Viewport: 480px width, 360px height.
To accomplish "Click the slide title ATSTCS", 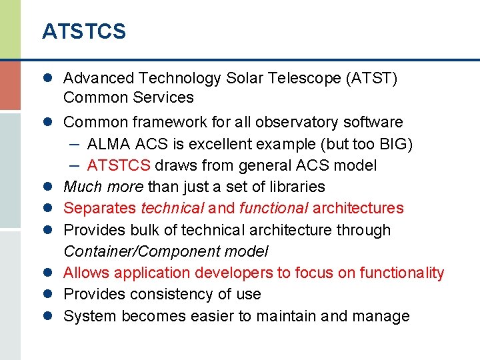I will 83,31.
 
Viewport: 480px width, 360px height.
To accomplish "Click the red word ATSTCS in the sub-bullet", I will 119,165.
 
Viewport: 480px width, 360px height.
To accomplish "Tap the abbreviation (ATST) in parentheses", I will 371,79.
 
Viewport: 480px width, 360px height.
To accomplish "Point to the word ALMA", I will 107,144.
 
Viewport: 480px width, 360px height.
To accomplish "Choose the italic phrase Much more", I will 103,187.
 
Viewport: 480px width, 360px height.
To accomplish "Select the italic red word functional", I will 269,208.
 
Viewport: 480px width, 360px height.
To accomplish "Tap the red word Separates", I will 100,208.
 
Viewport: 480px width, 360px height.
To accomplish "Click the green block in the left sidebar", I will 10,29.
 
